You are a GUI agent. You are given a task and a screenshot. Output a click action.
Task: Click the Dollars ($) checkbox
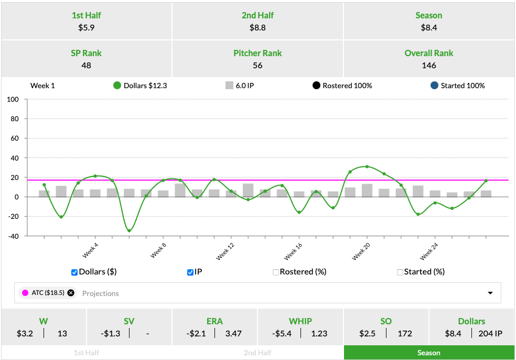[74, 272]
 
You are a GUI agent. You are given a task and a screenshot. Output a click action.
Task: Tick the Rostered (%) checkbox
[276, 272]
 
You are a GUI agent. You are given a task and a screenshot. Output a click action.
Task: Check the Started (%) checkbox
[400, 272]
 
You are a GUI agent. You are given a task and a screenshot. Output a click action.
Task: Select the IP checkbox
[190, 272]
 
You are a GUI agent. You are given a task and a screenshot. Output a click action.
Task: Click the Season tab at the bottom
[429, 353]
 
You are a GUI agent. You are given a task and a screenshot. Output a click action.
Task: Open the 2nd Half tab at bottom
[257, 353]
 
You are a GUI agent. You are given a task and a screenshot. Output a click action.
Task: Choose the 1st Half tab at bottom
[87, 353]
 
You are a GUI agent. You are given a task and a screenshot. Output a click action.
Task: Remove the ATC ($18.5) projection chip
[71, 293]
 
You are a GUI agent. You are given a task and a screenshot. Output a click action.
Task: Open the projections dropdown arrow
[491, 293]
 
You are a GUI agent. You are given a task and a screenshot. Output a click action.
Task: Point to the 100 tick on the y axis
[13, 99]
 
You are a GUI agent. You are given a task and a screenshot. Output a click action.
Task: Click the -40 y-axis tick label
[13, 236]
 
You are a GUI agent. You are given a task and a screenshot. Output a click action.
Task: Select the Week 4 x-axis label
[90, 251]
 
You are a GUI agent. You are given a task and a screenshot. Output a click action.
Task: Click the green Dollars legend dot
[117, 86]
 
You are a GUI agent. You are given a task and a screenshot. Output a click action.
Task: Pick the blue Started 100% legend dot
[434, 86]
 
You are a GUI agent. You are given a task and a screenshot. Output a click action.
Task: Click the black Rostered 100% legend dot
[316, 86]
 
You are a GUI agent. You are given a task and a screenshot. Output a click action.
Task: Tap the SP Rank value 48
[86, 66]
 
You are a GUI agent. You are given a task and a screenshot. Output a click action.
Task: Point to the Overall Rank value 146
[429, 66]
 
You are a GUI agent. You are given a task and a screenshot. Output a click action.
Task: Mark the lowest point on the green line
[129, 231]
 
